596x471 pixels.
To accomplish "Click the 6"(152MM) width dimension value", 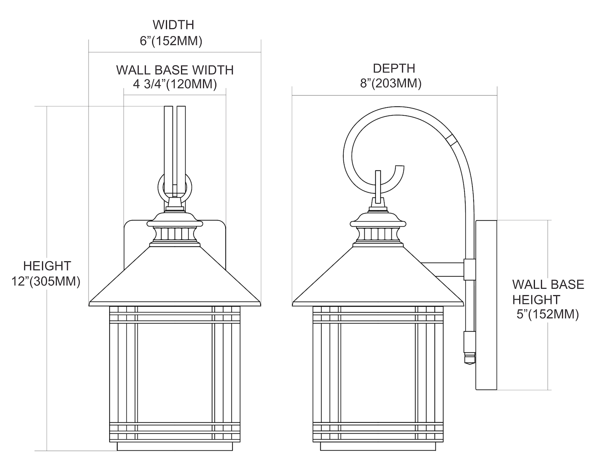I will pos(171,41).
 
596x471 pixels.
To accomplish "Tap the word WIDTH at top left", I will pos(173,25).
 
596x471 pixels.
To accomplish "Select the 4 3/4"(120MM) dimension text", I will pos(175,84).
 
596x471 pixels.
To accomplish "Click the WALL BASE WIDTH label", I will pos(175,70).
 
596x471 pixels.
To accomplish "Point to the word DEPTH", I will pos(394,68).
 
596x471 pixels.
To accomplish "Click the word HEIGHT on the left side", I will pos(47,266).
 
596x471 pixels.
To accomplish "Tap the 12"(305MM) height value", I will pos(46,282).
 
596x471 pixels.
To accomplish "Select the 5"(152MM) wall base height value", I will pos(548,315).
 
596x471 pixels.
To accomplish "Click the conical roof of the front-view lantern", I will pos(175,278).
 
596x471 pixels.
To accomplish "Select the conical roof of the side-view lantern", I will pos(377,278).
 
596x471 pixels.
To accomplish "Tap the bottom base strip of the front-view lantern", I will pos(175,447).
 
